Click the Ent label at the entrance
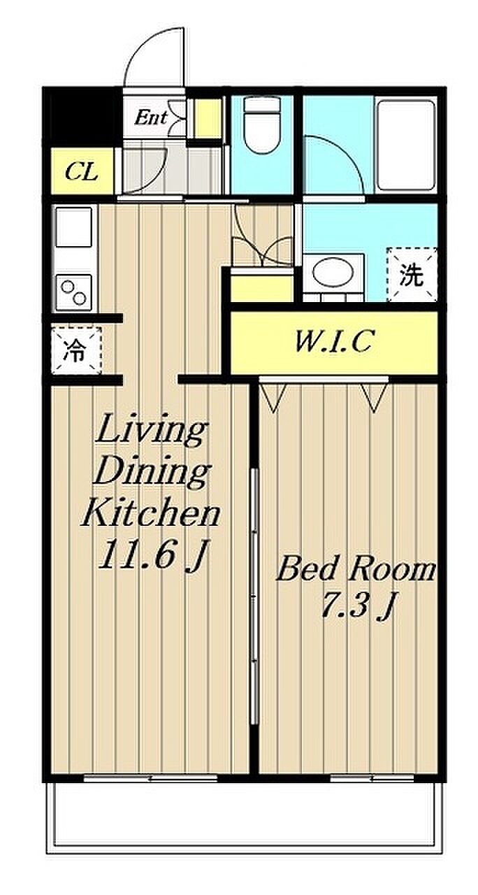[150, 118]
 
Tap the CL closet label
[82, 173]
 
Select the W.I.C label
[333, 342]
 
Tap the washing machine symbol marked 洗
[412, 274]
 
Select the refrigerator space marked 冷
[76, 350]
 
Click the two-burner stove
[74, 292]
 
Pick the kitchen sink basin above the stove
[74, 227]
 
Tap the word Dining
[152, 474]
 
